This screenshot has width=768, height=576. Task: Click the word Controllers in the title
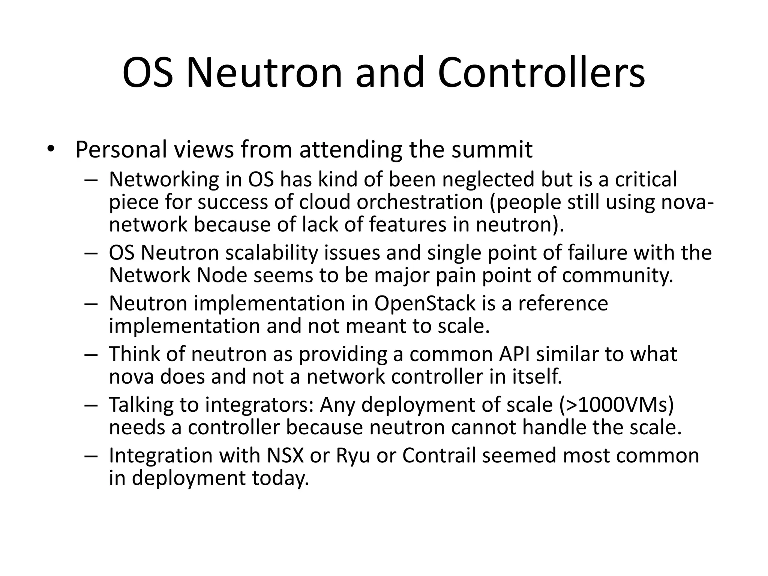(x=541, y=73)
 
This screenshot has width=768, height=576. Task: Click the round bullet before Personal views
(x=51, y=150)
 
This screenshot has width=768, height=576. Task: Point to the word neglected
(x=488, y=179)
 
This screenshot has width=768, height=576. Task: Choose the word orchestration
(x=420, y=202)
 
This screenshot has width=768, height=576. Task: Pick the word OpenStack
(x=425, y=303)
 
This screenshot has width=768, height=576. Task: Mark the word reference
(x=563, y=303)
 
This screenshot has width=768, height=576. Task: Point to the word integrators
(x=259, y=405)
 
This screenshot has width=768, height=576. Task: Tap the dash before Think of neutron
(x=91, y=355)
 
